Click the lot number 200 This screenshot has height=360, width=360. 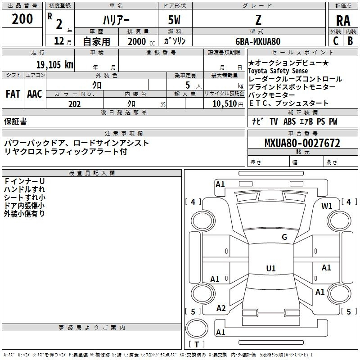22,19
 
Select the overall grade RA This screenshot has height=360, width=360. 343,21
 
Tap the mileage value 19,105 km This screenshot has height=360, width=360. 54,64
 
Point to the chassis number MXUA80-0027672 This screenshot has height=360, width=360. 302,143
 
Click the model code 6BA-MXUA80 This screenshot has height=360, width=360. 258,41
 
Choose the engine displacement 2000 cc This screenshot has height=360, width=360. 141,41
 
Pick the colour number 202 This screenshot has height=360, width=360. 74,104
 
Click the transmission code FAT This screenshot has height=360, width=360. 13,94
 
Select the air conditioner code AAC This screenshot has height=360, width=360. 35,94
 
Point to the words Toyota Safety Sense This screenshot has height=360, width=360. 278,71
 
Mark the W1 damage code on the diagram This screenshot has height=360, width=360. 327,206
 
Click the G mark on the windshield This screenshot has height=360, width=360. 284,237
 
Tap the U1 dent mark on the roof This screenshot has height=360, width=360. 271,268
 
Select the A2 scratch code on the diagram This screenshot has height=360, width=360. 221,308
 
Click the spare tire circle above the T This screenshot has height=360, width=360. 197,328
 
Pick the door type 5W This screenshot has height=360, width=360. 174,20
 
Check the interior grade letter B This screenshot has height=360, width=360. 350,41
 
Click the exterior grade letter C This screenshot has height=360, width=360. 336,41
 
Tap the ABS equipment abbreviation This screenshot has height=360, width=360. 289,121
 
